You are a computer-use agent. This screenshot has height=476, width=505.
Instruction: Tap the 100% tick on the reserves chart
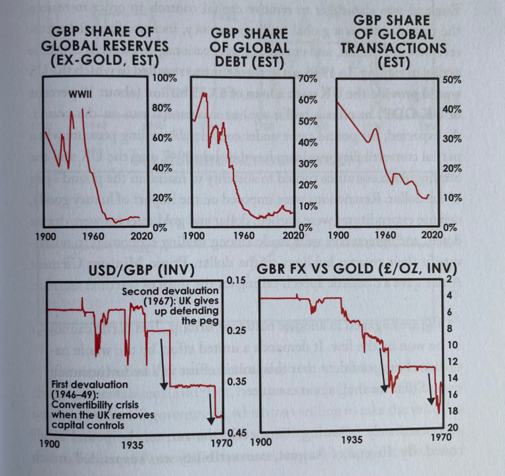click(165, 77)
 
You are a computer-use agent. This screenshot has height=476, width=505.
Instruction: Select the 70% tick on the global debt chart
click(308, 78)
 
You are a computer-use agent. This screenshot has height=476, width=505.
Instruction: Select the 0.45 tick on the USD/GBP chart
click(235, 432)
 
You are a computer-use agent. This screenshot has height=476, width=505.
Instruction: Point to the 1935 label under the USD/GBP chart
click(136, 444)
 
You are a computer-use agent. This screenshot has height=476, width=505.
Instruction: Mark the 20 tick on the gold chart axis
click(454, 427)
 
